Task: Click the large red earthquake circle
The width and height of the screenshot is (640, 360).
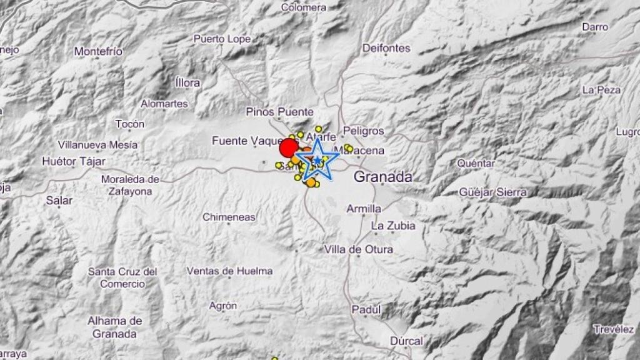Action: tap(288, 148)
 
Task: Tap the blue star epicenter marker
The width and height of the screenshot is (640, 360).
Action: tap(317, 161)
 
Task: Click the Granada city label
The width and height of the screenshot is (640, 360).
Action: tap(382, 177)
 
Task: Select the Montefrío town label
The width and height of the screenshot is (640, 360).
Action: tap(98, 51)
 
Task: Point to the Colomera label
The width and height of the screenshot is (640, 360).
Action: tap(304, 7)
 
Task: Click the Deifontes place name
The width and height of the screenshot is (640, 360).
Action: tap(386, 48)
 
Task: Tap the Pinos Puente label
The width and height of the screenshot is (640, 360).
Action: tap(279, 112)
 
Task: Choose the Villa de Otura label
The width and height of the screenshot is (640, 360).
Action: tap(359, 249)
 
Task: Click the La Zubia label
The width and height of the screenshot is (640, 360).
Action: tap(392, 225)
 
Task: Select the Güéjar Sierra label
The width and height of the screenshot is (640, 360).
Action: tap(492, 192)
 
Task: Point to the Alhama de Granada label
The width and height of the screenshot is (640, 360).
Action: tap(114, 327)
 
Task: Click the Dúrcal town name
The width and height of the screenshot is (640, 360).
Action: tap(406, 341)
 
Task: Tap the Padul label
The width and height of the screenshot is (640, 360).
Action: tap(366, 309)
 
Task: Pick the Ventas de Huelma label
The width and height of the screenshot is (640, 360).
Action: tap(230, 271)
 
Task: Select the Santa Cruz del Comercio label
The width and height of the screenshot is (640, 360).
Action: tap(122, 277)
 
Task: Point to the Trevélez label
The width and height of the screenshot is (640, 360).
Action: tap(614, 329)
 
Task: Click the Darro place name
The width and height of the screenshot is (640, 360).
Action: tap(594, 27)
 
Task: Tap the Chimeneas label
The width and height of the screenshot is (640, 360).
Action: tap(229, 217)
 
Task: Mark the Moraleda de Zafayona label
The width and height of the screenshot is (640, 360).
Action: tap(131, 186)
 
